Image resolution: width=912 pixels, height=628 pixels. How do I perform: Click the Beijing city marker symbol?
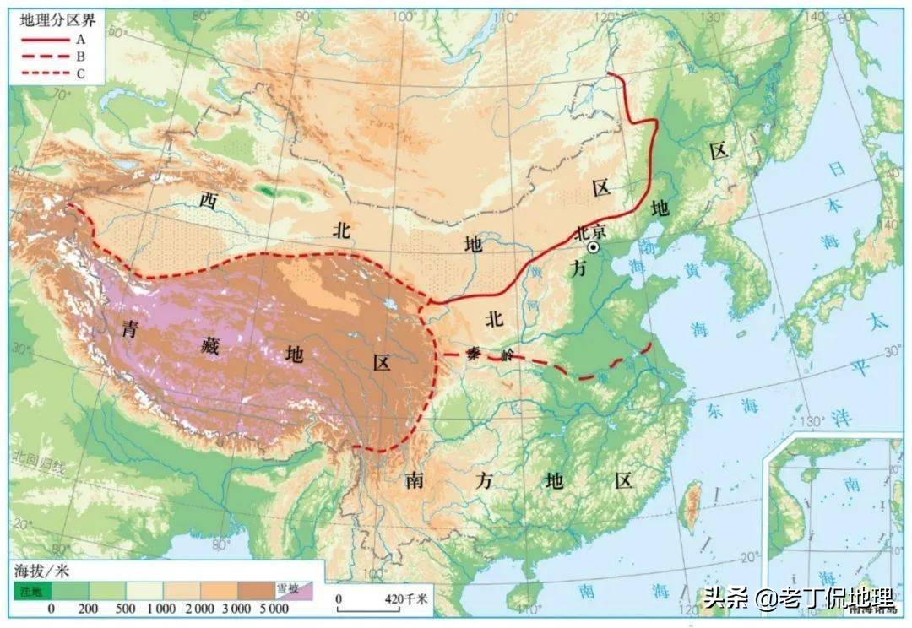(x=594, y=246)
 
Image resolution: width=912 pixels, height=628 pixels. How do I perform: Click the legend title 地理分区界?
(x=49, y=22)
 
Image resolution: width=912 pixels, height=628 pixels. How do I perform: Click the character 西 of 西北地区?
(x=207, y=200)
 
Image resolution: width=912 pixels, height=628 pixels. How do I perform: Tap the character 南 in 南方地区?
(x=414, y=481)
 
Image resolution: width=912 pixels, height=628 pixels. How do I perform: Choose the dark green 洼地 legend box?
(x=32, y=590)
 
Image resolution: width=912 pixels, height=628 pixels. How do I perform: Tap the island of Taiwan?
(x=691, y=506)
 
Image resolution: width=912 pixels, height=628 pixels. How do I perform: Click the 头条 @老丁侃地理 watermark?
(x=798, y=599)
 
